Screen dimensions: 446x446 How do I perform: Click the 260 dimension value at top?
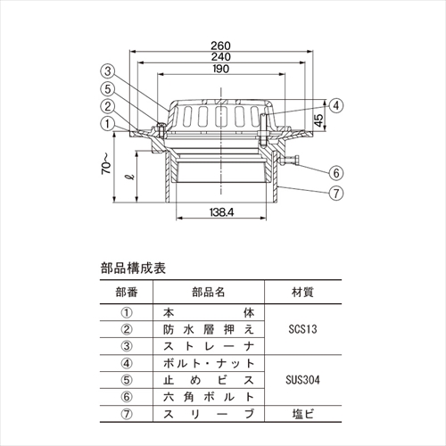click(x=220, y=45)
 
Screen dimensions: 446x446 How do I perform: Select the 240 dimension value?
click(x=221, y=57)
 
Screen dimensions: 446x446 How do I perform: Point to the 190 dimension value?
click(x=221, y=69)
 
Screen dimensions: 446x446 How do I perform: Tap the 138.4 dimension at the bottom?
click(x=221, y=212)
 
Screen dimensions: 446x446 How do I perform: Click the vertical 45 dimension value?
click(x=318, y=120)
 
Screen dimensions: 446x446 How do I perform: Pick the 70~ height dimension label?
click(x=106, y=163)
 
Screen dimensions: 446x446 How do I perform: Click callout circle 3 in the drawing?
click(x=108, y=71)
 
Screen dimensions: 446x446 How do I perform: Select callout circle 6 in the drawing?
click(x=336, y=173)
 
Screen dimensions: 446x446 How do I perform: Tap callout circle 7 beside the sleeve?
click(x=336, y=194)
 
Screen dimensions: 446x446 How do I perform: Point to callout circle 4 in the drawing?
click(x=336, y=105)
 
